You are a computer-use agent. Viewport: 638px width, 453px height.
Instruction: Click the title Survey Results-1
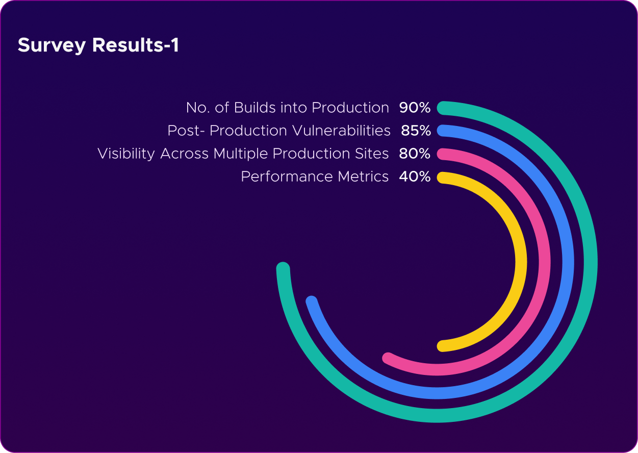(x=98, y=45)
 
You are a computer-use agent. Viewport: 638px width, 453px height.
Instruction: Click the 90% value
(x=415, y=108)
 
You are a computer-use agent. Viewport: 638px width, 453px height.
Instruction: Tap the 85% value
(x=416, y=131)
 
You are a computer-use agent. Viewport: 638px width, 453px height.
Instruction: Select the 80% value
(x=415, y=154)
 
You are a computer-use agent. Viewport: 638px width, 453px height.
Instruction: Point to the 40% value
(x=415, y=177)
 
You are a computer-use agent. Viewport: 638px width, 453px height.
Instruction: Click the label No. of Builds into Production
(x=288, y=108)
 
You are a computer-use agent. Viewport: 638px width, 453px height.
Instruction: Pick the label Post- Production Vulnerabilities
(x=279, y=131)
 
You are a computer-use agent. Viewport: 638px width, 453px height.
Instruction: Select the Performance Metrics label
(x=315, y=177)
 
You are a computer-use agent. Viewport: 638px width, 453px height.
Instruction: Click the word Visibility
(x=126, y=154)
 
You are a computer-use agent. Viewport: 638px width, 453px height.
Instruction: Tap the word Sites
(x=372, y=154)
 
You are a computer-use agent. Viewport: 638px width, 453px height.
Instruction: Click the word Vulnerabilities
(x=342, y=131)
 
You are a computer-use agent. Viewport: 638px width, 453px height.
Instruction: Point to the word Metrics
(x=363, y=177)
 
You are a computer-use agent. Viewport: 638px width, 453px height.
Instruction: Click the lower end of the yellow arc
(x=443, y=346)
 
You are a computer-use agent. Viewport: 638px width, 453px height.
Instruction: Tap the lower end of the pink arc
(x=388, y=358)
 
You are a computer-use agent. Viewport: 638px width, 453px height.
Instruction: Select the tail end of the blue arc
(x=312, y=301)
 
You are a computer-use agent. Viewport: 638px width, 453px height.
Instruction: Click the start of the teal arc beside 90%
(x=444, y=108)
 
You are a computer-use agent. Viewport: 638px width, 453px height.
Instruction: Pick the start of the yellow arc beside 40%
(x=443, y=178)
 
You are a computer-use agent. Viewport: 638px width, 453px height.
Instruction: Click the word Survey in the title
(x=52, y=45)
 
